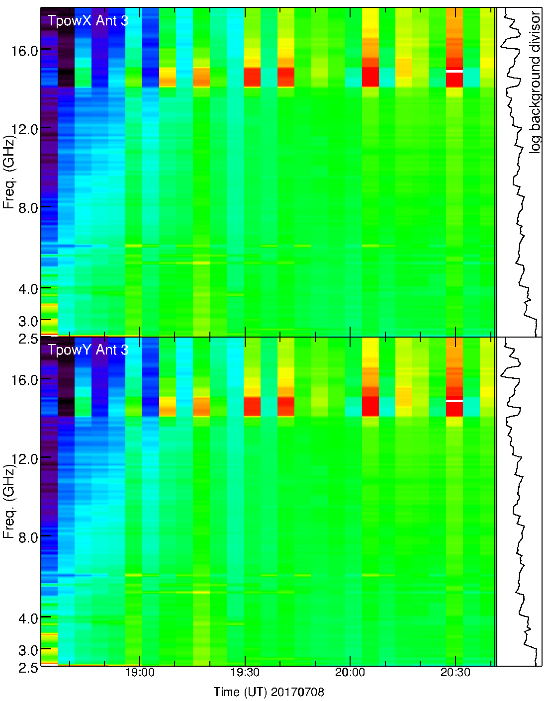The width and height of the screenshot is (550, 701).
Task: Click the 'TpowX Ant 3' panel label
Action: click(x=88, y=21)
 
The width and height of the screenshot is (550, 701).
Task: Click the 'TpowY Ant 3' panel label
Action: click(x=88, y=350)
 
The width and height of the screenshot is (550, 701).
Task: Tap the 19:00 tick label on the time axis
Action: click(x=140, y=673)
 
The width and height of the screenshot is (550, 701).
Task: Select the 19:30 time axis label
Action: click(x=245, y=673)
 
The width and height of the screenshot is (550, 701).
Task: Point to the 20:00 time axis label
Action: click(x=350, y=673)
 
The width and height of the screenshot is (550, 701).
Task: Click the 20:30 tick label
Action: click(x=455, y=673)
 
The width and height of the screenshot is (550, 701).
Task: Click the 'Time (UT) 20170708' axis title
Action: click(x=269, y=692)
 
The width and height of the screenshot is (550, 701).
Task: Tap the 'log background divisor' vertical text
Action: click(x=535, y=82)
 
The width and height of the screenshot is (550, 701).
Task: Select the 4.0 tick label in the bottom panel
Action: click(x=28, y=618)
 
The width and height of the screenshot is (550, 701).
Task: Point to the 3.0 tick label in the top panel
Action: click(x=28, y=321)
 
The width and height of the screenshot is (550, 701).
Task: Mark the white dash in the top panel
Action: click(x=455, y=72)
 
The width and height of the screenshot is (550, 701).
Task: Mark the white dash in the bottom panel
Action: click(x=455, y=401)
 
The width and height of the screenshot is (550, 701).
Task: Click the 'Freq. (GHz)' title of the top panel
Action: click(x=8, y=172)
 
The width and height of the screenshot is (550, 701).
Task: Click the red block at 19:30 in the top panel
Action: click(x=252, y=77)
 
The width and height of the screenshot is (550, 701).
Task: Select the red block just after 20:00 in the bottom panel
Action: click(x=370, y=406)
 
